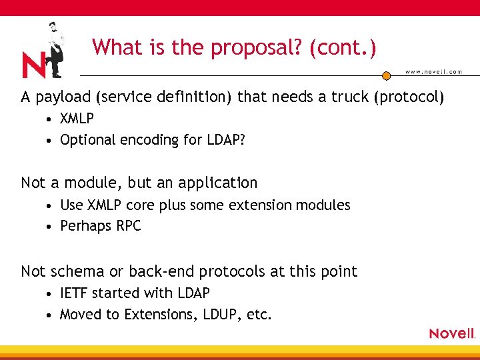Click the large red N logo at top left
(x=33, y=65)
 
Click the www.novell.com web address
(x=433, y=72)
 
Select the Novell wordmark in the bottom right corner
(x=451, y=333)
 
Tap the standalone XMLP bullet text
(x=77, y=119)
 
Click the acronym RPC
(x=129, y=226)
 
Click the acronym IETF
(x=74, y=293)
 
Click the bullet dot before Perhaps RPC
(x=51, y=227)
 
